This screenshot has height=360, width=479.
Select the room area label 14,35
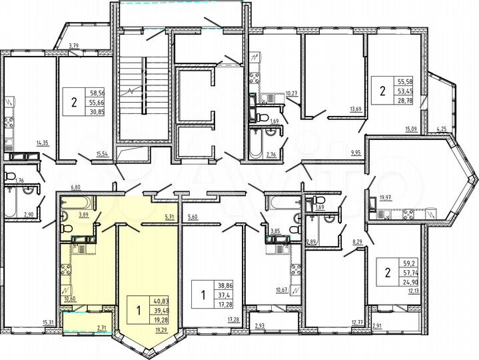coord(43,142)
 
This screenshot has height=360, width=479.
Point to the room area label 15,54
coord(103,154)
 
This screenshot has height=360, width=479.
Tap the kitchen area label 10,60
coord(70,298)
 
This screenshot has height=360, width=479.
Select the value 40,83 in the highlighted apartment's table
coord(161,301)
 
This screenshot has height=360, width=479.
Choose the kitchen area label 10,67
coord(282,289)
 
